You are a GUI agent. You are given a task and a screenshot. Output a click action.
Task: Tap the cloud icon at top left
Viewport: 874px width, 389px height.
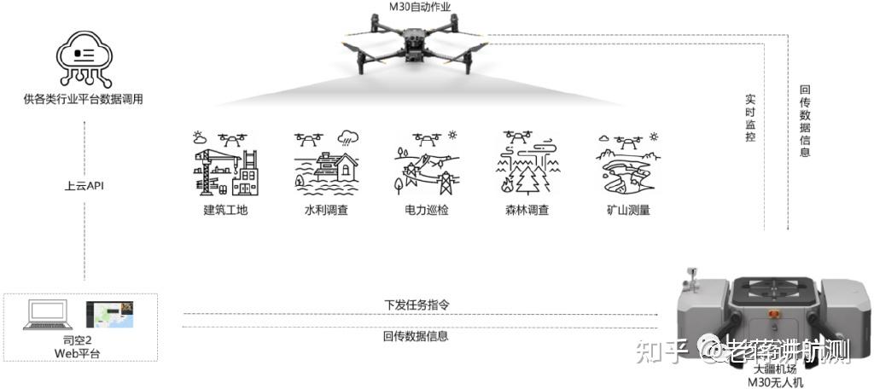[84, 56]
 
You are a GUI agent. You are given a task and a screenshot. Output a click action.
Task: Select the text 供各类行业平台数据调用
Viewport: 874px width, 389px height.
[84, 100]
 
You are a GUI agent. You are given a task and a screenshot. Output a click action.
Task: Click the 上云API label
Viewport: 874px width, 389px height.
[84, 185]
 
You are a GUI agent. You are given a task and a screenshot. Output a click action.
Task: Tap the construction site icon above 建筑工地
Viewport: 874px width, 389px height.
[225, 164]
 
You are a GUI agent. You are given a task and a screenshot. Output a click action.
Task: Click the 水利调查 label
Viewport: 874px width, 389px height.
[326, 210]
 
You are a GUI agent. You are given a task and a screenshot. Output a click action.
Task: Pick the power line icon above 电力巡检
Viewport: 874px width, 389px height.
[427, 164]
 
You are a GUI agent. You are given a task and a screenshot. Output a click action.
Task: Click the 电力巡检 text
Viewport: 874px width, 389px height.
[427, 210]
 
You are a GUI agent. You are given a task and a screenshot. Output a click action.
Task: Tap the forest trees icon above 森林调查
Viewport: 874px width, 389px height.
[527, 164]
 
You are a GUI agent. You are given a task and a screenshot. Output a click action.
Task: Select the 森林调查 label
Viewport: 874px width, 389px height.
[527, 210]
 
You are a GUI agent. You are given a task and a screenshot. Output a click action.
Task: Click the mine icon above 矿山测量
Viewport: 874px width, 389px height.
[627, 164]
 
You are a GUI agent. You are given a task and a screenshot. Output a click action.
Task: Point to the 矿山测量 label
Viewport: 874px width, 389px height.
[627, 210]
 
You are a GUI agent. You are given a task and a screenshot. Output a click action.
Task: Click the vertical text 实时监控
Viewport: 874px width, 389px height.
[750, 118]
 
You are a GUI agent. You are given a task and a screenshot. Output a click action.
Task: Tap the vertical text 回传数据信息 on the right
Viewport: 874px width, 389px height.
[805, 120]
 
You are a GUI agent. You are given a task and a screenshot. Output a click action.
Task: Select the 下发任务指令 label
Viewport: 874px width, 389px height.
[416, 305]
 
